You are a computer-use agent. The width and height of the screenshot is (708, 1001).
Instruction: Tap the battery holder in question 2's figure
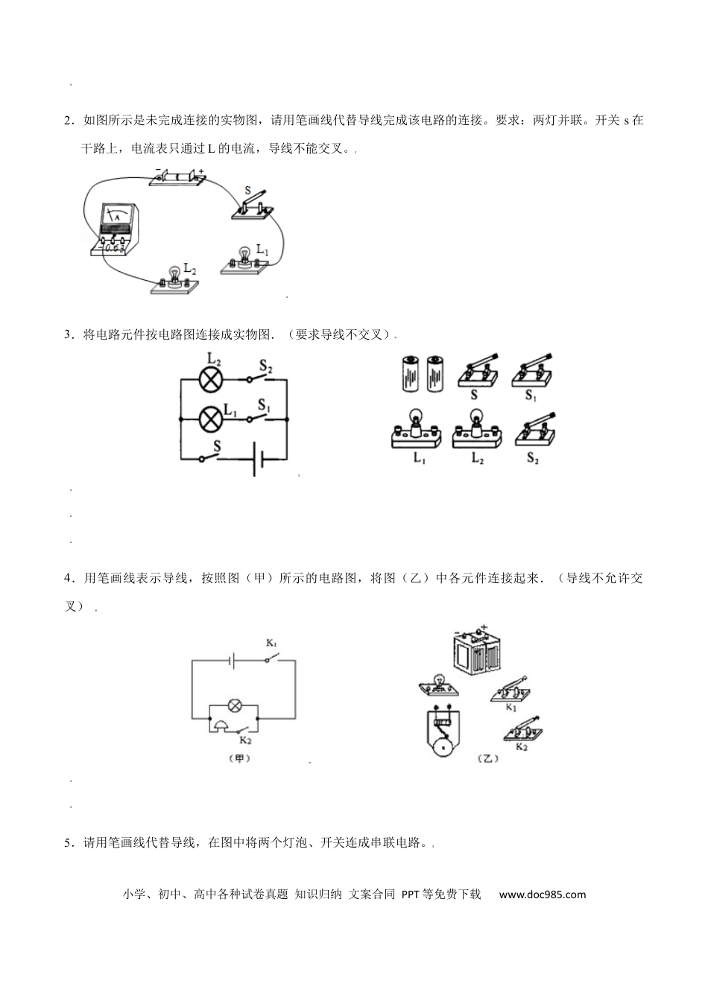point(177,178)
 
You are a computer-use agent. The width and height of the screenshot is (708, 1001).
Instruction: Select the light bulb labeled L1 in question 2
point(242,260)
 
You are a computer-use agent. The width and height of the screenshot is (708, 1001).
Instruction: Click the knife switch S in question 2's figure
point(253,205)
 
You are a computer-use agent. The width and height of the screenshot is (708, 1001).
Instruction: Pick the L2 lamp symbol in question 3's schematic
point(211,379)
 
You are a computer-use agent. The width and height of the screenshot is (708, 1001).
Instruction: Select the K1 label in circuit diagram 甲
point(271,643)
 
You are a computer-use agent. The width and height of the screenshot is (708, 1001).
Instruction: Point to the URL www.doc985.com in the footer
point(542,894)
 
